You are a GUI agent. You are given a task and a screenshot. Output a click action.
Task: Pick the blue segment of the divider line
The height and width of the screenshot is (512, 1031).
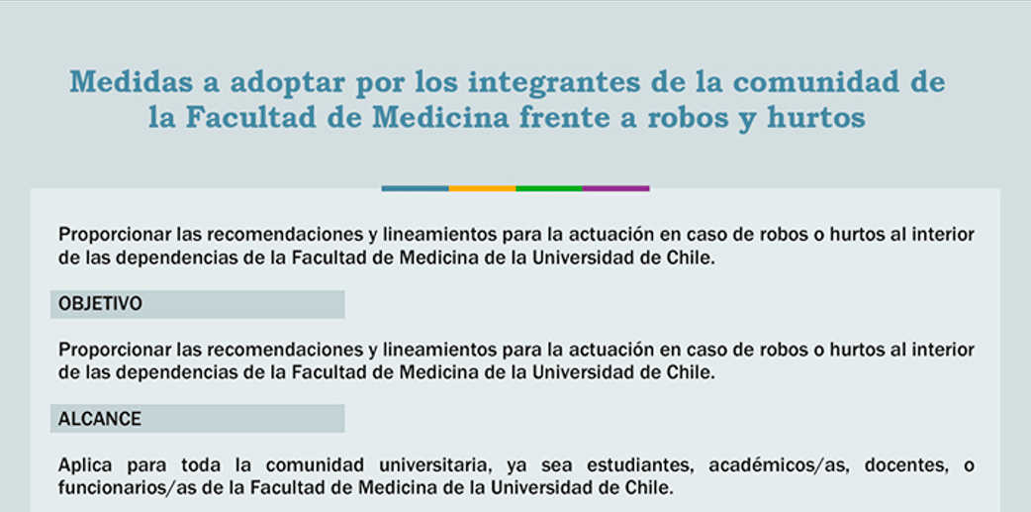[415, 189]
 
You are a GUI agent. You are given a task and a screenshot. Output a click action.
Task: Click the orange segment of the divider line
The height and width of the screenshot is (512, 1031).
[482, 189]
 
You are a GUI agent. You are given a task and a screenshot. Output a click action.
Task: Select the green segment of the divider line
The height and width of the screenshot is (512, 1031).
[549, 189]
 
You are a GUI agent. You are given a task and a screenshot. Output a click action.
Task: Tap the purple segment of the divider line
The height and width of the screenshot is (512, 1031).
[616, 189]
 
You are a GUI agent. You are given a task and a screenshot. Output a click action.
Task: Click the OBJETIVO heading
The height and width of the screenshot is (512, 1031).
[100, 304]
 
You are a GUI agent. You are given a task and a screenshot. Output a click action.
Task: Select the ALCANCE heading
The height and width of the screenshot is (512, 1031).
[99, 419]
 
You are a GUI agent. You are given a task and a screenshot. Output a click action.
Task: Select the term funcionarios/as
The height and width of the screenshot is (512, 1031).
[117, 488]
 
